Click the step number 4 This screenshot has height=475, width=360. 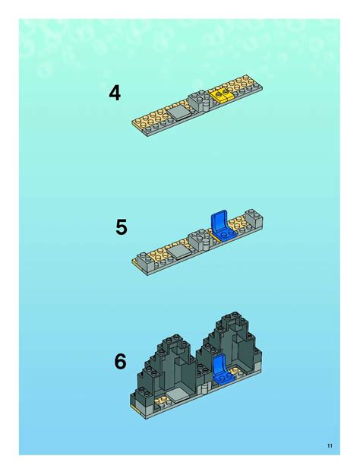point(115,93)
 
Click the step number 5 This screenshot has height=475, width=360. point(121,227)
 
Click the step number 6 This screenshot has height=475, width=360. point(120,362)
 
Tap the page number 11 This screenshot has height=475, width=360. point(328,445)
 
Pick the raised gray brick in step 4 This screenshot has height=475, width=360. point(201,100)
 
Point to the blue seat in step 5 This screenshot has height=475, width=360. point(218,223)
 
